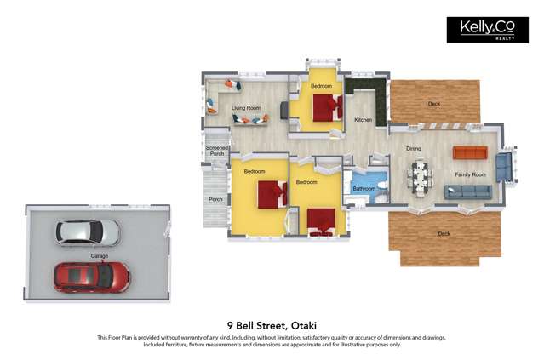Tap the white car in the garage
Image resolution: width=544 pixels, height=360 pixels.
coord(88,231)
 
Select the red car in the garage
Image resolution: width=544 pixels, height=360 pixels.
coord(92,276)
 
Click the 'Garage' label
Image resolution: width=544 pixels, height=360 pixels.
coord(100,254)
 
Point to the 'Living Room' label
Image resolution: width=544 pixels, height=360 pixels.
coord(246,108)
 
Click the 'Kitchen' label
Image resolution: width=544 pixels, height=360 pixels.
coord(364,120)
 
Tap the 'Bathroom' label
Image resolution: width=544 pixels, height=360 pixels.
coord(364,188)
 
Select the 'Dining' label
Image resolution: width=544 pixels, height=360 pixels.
coord(413,149)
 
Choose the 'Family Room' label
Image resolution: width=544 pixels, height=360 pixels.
coord(470,174)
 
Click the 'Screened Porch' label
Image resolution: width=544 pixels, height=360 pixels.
coord(217,151)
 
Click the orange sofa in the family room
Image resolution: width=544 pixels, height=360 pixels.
coord(469,152)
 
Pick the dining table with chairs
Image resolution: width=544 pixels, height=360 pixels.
coord(421,176)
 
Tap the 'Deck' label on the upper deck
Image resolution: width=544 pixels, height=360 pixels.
coord(434,104)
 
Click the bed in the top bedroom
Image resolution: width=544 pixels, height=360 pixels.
coord(324,108)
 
